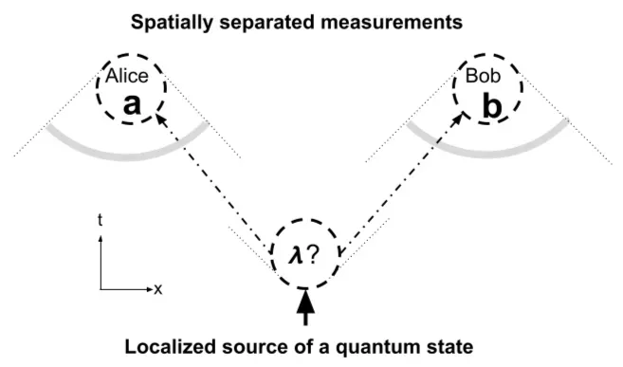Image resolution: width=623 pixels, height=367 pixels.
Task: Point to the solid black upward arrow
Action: tap(305, 305)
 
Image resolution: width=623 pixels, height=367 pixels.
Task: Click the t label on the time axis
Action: tap(101, 219)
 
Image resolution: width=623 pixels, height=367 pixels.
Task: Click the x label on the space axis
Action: tap(157, 288)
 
